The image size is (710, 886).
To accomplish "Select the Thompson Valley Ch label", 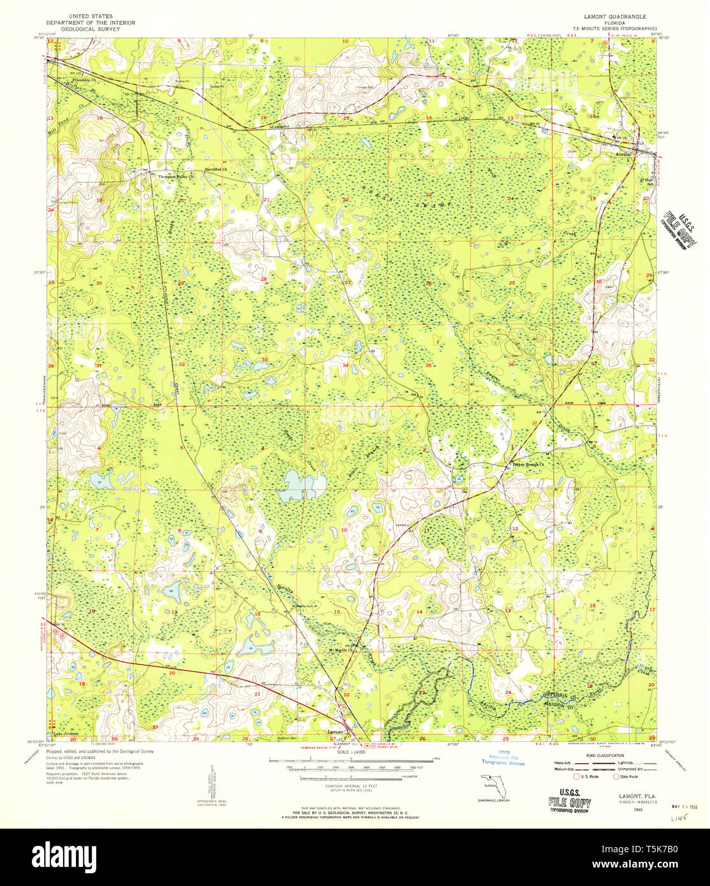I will [x=176, y=177].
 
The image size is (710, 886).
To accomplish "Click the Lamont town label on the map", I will [x=335, y=732].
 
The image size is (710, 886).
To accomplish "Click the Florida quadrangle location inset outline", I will [x=493, y=783].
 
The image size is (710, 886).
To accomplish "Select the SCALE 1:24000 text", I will [x=351, y=752].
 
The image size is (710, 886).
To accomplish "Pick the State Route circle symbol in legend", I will [x=616, y=776].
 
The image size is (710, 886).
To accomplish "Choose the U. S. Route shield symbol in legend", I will [x=577, y=776].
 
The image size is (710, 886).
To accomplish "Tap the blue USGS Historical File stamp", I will [x=504, y=758].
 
